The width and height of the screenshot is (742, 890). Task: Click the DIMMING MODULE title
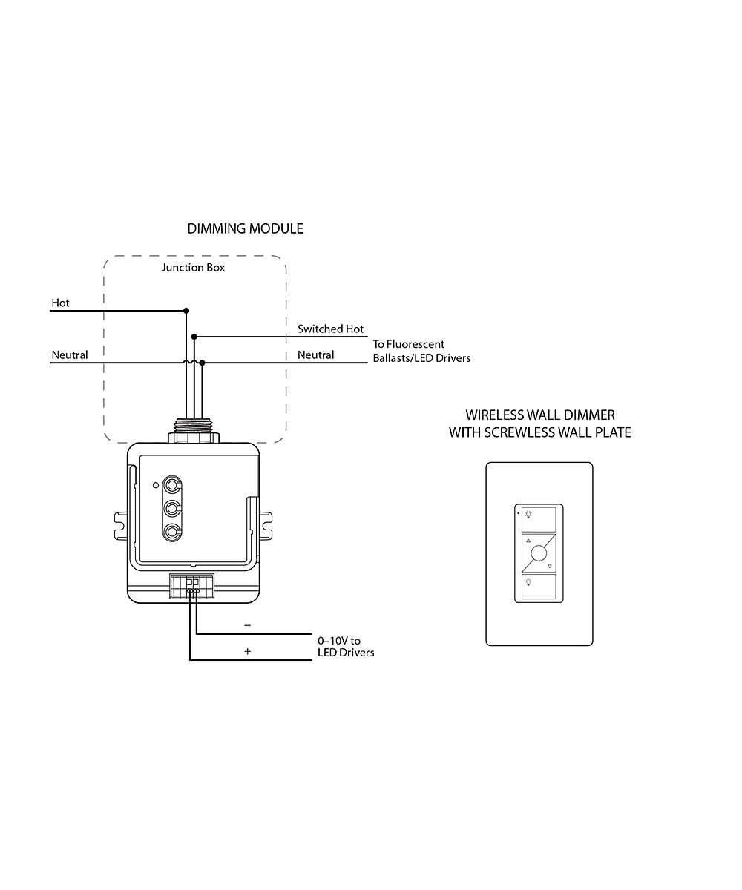245,228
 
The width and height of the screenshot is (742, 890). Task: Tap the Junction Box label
193,267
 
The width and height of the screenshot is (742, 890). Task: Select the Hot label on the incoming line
60,303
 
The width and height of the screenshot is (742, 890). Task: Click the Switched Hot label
331,329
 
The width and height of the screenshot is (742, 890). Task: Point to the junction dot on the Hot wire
186,311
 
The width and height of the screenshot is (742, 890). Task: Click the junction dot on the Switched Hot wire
194,336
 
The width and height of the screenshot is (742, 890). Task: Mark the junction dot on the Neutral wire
203,363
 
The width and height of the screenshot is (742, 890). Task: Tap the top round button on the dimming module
173,486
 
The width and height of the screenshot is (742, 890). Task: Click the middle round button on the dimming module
173,509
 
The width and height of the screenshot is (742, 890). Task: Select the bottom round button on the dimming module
173,532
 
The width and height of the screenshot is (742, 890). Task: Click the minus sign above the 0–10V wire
247,625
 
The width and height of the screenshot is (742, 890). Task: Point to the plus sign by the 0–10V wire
247,652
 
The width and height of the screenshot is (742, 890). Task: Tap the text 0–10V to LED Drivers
345,646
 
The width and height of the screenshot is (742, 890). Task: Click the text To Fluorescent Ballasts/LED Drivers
421,351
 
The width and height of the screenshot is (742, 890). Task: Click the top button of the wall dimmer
539,519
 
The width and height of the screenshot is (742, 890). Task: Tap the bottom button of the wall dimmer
539,587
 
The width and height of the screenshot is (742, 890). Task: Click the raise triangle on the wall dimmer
528,541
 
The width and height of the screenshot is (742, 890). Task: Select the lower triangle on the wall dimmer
550,567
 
